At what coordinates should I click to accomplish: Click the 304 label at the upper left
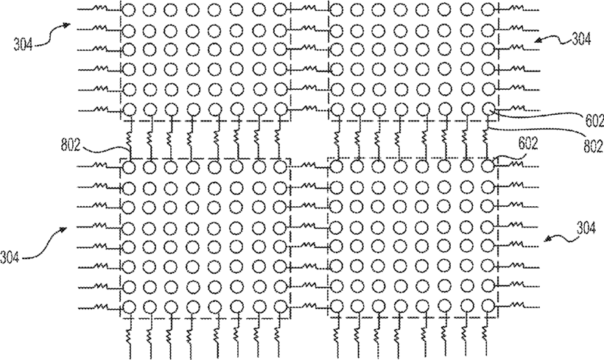coord(21,42)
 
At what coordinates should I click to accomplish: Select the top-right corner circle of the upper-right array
coord(488,11)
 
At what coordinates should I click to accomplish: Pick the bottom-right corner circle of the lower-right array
coord(488,306)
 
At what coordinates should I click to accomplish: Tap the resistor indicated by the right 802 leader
coord(487,138)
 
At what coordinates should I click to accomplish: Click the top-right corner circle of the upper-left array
coord(280,11)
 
